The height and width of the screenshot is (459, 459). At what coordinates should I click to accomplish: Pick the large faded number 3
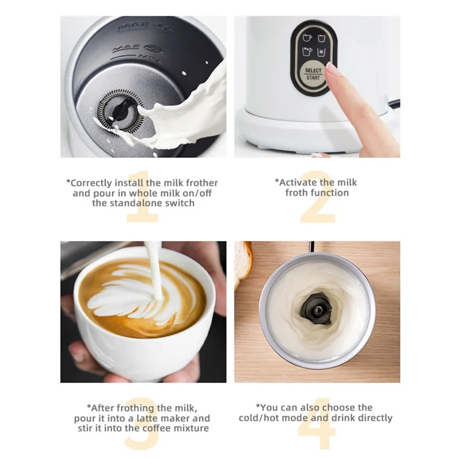point(142,423)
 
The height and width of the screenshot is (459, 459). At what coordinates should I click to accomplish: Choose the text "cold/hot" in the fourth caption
point(261,418)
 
